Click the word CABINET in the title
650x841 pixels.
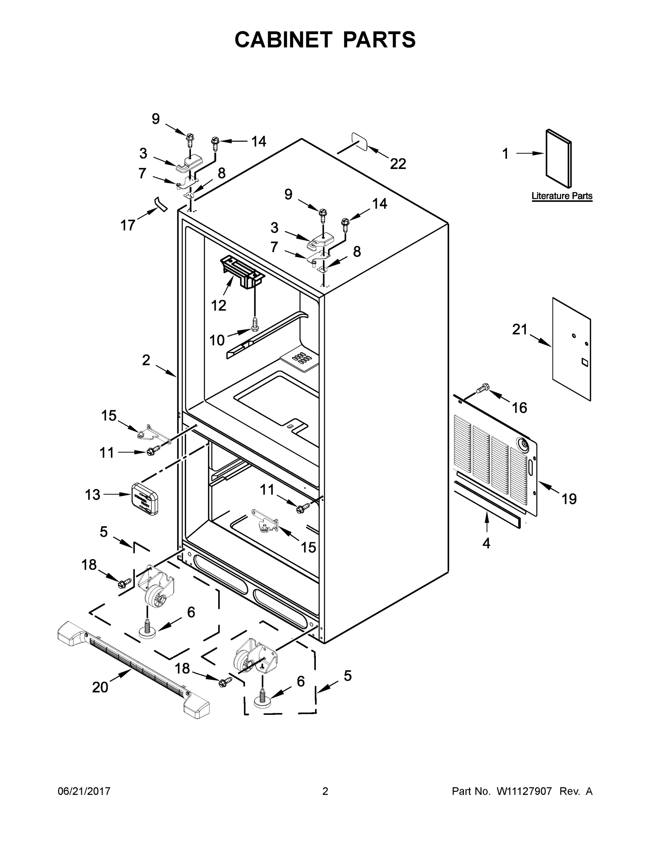pyautogui.click(x=283, y=40)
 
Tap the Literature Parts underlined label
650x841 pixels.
pyautogui.click(x=561, y=196)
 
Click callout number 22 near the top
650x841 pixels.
pyautogui.click(x=398, y=164)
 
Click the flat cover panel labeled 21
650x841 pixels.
pyautogui.click(x=572, y=349)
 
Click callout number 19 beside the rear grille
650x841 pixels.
pyautogui.click(x=569, y=499)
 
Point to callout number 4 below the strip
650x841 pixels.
pyautogui.click(x=486, y=543)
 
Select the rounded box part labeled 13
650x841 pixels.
pyautogui.click(x=145, y=499)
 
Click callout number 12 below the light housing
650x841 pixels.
pyautogui.click(x=218, y=305)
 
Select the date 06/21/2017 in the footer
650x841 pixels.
pyautogui.click(x=84, y=791)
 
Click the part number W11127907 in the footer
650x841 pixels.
pyautogui.click(x=524, y=791)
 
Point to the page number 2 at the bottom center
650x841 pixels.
pyautogui.click(x=325, y=791)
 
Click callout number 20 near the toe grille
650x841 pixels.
pyautogui.click(x=100, y=686)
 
